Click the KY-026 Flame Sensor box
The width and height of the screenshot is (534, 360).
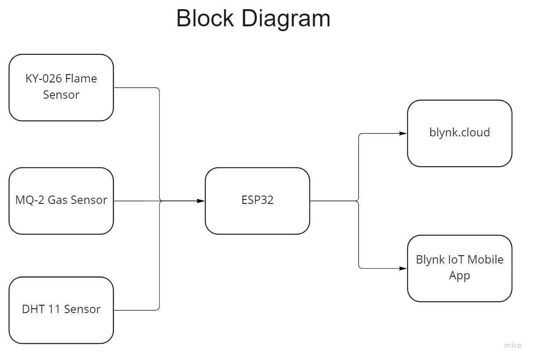[61, 87]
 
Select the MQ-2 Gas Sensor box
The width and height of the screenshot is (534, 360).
[61, 201]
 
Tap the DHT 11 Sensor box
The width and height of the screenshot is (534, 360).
[61, 310]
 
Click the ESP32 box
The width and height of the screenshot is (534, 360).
[257, 201]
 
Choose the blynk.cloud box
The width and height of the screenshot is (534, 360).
[459, 133]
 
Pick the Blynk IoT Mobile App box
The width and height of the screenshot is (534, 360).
[459, 268]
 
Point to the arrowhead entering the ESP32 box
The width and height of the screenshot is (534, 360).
[201, 201]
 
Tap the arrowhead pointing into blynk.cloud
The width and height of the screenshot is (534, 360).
[403, 133]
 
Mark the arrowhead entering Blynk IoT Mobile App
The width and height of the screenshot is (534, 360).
[403, 268]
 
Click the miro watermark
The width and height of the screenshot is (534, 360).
[513, 346]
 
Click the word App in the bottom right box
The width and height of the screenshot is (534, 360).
[459, 276]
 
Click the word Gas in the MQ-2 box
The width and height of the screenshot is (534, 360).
[57, 200]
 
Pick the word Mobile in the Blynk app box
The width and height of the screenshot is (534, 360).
[485, 260]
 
